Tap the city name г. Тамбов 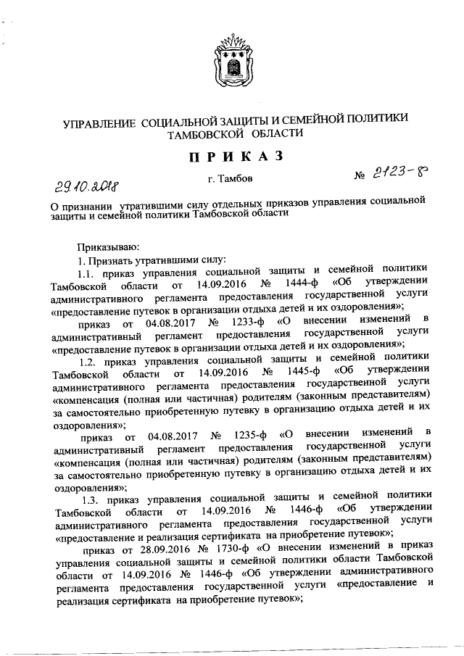230,178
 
